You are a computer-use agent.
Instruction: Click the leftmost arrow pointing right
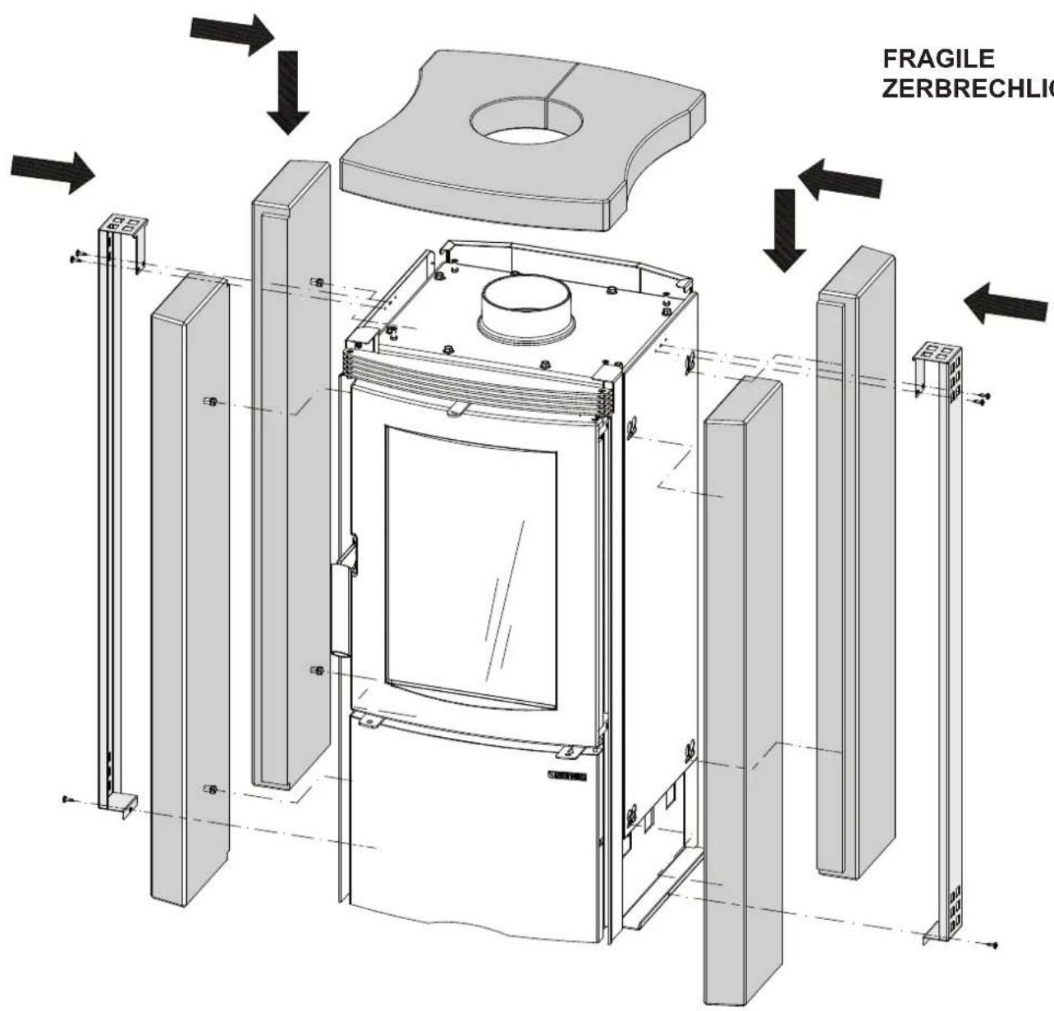coord(53,172)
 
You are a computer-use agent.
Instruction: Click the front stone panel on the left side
coord(189,591)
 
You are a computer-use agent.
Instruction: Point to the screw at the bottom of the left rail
coord(66,798)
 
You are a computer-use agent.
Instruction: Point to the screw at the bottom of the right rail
coord(996,945)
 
